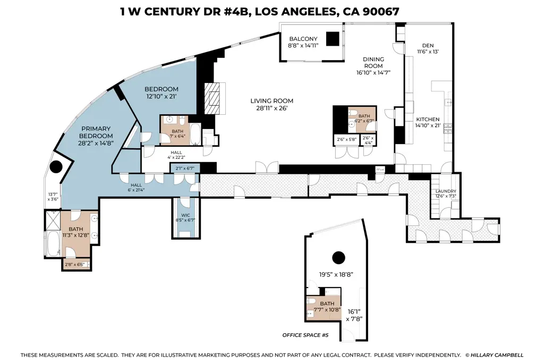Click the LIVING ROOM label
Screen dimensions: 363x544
tap(271, 101)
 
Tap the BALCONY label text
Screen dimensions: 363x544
tap(303, 39)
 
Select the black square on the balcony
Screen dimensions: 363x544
tap(333, 40)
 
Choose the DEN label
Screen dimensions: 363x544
tap(428, 46)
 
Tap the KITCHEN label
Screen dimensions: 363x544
tap(428, 119)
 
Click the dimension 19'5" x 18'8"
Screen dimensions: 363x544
tap(336, 275)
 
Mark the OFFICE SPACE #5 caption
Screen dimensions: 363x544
tap(306, 335)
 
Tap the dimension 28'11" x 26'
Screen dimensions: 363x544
tap(271, 108)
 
